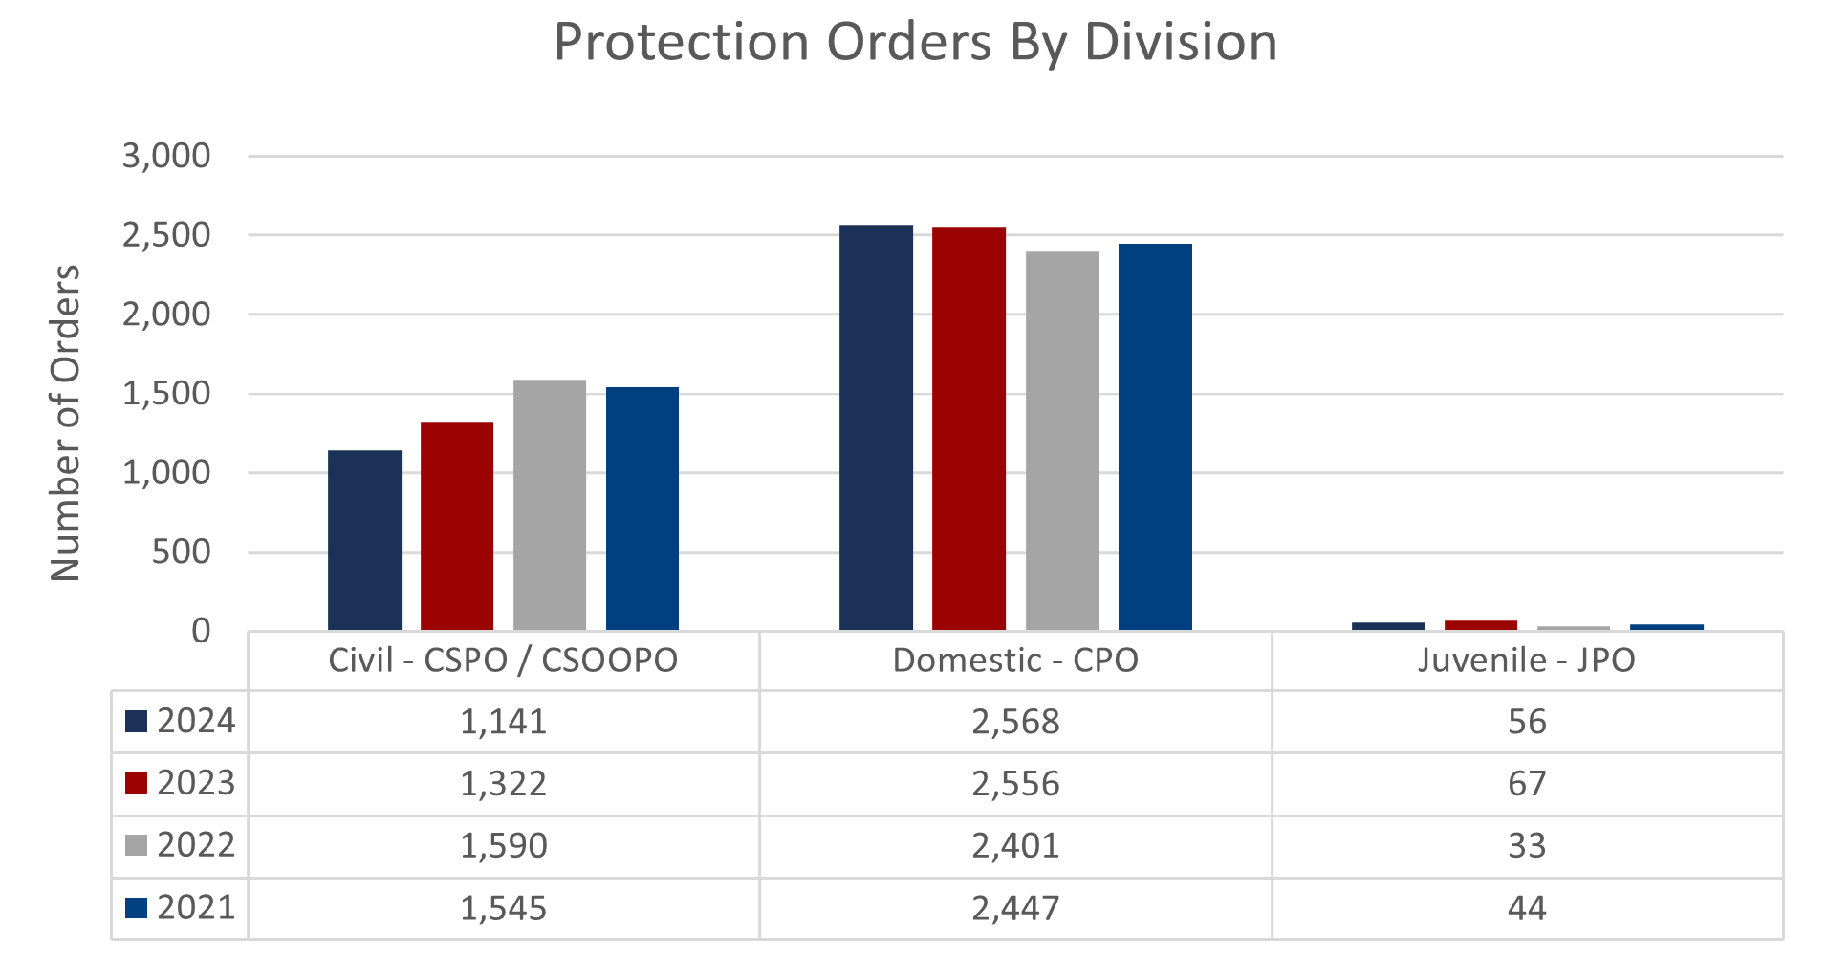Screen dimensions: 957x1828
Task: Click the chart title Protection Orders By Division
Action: click(915, 43)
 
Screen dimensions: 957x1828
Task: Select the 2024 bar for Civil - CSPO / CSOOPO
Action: click(364, 540)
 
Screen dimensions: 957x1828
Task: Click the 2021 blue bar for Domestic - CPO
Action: click(1155, 437)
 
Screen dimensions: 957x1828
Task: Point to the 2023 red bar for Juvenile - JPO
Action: click(1480, 625)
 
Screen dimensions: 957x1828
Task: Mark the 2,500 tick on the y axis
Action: click(166, 235)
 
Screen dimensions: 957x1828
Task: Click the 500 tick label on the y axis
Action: click(181, 553)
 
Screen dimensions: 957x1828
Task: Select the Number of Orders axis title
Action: click(65, 423)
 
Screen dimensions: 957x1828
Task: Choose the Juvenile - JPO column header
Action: click(1527, 661)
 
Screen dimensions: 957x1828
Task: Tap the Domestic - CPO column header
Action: click(1015, 661)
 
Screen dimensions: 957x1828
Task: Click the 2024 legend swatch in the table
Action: click(136, 721)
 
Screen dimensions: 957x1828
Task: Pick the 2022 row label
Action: click(196, 845)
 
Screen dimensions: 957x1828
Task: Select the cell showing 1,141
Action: click(504, 722)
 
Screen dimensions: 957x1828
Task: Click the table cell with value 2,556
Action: click(1015, 784)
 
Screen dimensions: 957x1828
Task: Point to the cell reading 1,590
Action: click(504, 846)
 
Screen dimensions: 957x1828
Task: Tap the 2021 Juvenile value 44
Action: click(1527, 907)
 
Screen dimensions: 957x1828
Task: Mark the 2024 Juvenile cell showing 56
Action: click(1527, 722)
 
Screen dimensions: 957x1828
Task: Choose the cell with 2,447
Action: click(1015, 907)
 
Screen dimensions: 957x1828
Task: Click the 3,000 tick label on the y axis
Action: click(166, 156)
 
